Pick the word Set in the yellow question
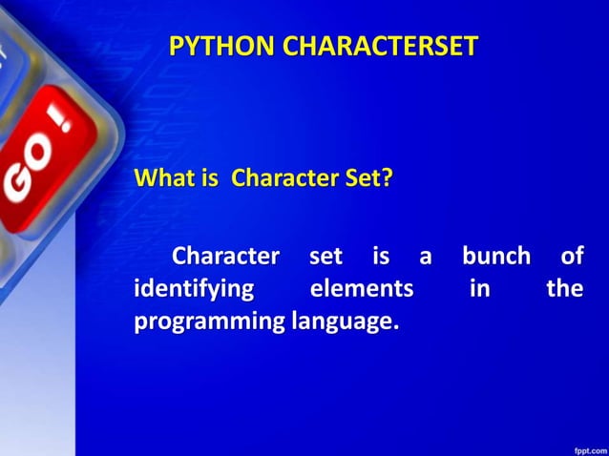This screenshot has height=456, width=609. coord(361,178)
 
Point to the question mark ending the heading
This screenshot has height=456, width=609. coord(387,178)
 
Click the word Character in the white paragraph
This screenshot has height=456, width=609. coord(225,257)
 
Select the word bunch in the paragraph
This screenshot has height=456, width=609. coord(495,257)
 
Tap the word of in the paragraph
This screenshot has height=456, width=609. coord(571,257)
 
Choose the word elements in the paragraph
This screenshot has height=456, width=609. coord(362,289)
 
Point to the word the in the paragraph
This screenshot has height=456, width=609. coord(563,289)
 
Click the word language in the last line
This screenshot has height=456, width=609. coord(342,322)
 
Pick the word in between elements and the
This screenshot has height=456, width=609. coord(479,289)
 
